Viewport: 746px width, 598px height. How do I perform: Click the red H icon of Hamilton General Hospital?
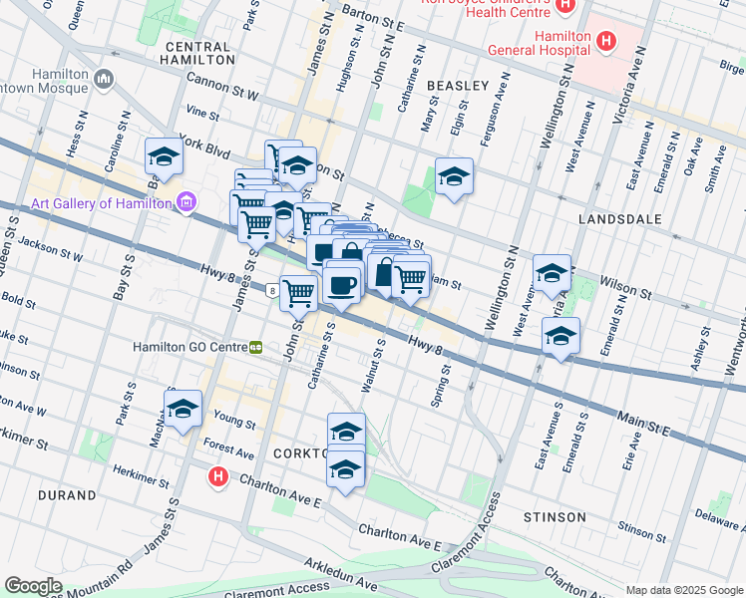pos(605,42)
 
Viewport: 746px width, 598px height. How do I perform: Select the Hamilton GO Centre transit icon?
pos(256,348)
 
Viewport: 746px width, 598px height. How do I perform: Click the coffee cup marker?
pos(342,285)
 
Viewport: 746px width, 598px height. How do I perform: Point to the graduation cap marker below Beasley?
pos(454,177)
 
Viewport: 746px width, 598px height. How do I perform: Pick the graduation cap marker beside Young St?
pos(183,410)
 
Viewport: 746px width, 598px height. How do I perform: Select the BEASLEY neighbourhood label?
pos(458,87)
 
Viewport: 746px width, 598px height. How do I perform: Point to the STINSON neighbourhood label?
pos(555,517)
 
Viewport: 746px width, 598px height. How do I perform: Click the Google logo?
pos(34,586)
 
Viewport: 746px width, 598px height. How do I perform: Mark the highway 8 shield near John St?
pos(272,291)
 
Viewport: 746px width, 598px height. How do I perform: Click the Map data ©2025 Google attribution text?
pos(683,589)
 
